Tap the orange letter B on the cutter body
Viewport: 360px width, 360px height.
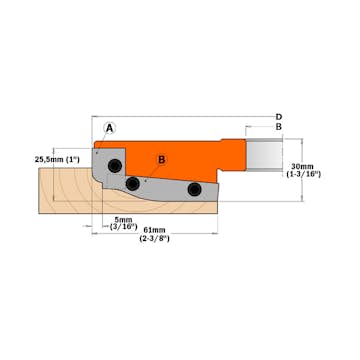pos(162,158)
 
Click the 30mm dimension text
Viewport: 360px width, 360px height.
pos(300,165)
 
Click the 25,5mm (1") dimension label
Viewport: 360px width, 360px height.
pos(57,158)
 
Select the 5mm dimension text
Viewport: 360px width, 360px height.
pos(125,219)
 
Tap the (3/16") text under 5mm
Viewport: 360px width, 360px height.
pos(125,227)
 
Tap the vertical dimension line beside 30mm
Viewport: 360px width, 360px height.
pos(284,165)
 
